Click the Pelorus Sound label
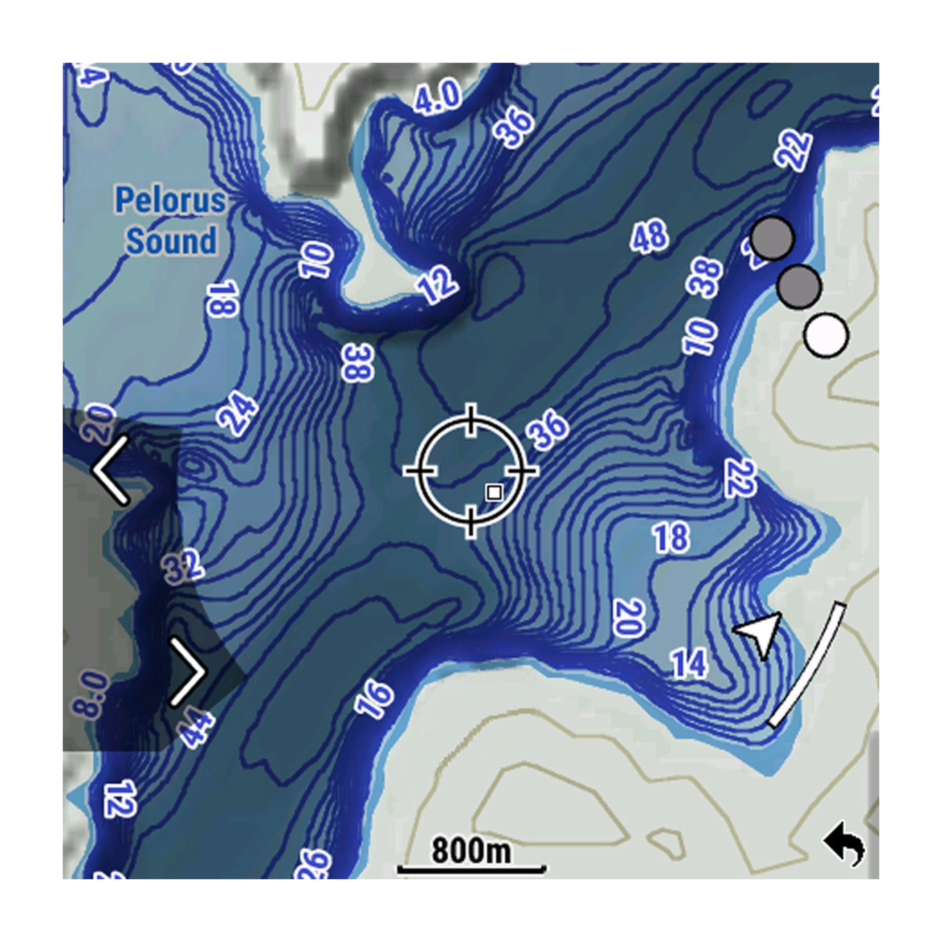pos(170,220)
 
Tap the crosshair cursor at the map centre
pos(471,471)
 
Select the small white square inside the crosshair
pos(494,492)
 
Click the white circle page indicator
pos(826,335)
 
